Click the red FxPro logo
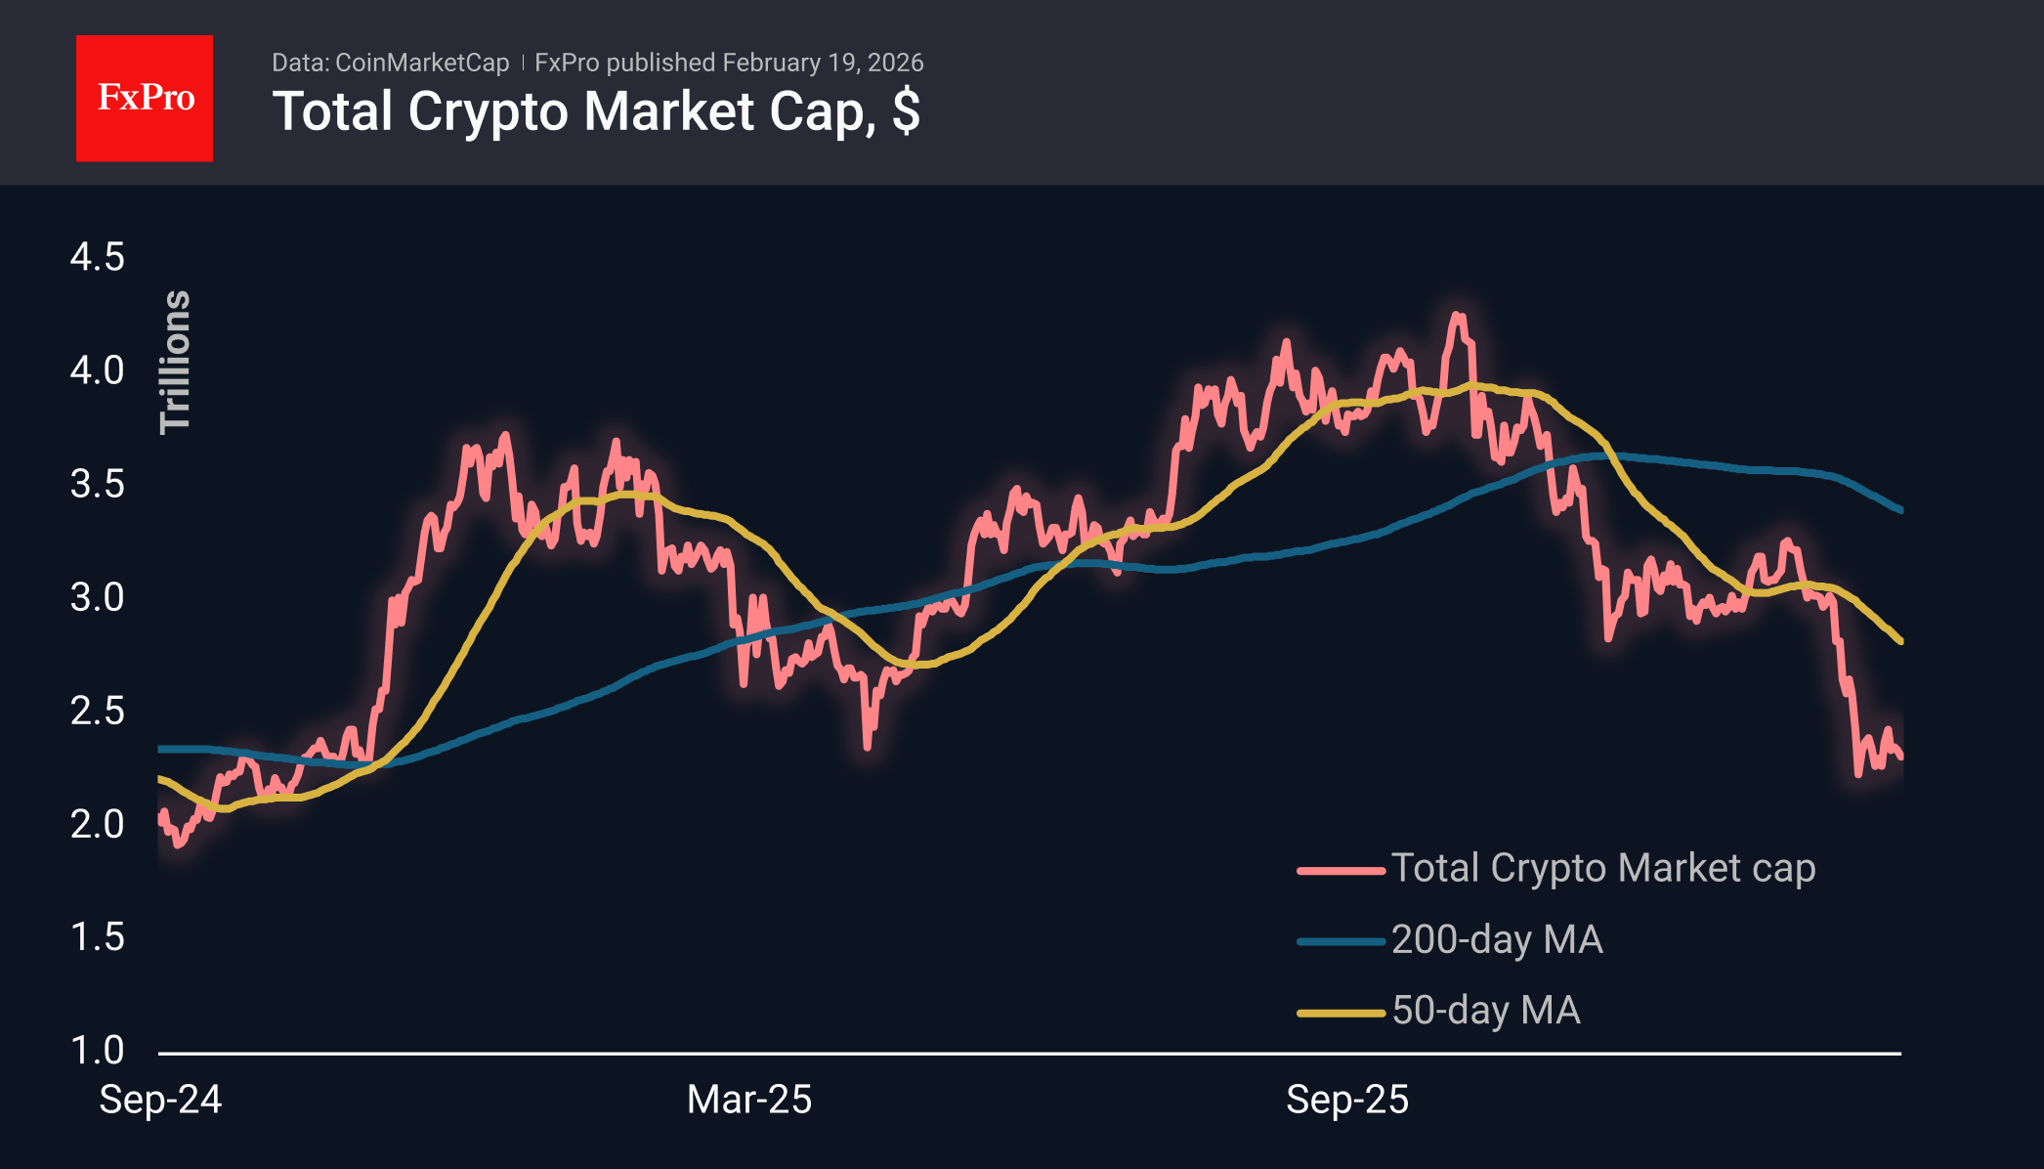145,98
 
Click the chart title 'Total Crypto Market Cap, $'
596,111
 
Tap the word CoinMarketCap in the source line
422,63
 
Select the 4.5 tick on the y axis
97,257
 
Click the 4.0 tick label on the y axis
97,370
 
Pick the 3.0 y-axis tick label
97,597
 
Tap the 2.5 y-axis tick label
97,711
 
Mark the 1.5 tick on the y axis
97,937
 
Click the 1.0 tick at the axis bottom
97,1051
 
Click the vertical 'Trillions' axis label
175,362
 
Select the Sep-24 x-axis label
161,1100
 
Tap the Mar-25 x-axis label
749,1100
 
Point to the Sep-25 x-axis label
1347,1100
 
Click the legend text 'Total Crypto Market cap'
1602,868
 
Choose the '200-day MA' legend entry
1497,939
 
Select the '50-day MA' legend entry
1485,1011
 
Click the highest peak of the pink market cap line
1457,315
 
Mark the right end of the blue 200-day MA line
1900,510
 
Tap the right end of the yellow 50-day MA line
1900,641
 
